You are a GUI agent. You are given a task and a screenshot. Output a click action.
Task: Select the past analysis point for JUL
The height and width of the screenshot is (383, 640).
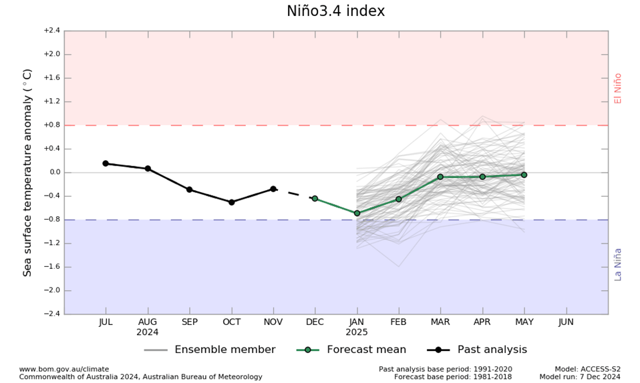coord(106,163)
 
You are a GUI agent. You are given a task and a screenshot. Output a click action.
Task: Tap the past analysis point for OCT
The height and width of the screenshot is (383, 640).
coord(231,202)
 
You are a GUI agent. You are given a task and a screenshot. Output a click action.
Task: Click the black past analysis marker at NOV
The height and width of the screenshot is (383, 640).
coord(273,189)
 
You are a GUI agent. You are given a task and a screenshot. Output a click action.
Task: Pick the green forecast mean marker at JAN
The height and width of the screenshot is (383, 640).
coord(357,214)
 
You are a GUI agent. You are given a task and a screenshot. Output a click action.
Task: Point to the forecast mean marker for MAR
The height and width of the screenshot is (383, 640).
coord(440,177)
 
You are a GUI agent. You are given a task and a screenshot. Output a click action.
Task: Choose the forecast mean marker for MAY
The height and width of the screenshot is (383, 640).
coord(524,175)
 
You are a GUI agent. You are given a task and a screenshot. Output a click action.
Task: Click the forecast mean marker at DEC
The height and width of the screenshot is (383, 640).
coord(315,199)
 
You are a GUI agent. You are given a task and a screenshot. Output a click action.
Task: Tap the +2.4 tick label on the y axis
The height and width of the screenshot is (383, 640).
coord(51,31)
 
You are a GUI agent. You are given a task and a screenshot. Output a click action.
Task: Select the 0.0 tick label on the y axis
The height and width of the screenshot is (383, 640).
coord(53,172)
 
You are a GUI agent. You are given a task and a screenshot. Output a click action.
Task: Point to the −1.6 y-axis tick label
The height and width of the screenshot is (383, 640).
coord(51,267)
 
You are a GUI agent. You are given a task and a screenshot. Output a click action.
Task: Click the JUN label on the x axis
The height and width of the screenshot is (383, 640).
coord(566,322)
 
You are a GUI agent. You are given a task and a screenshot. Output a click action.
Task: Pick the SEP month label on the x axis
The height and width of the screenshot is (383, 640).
coord(189,322)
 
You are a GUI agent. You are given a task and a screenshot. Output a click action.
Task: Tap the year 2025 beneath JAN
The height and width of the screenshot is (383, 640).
coord(357,332)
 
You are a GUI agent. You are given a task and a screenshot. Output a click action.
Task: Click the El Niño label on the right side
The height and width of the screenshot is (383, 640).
coord(618,88)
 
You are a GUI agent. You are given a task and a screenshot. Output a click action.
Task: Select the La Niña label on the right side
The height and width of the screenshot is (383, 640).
coord(618,264)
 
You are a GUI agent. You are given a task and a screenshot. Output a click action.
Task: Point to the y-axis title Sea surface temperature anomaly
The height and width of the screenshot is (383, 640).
coord(28,172)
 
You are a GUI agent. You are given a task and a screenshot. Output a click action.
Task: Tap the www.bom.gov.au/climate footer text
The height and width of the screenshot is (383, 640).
coord(63,369)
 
